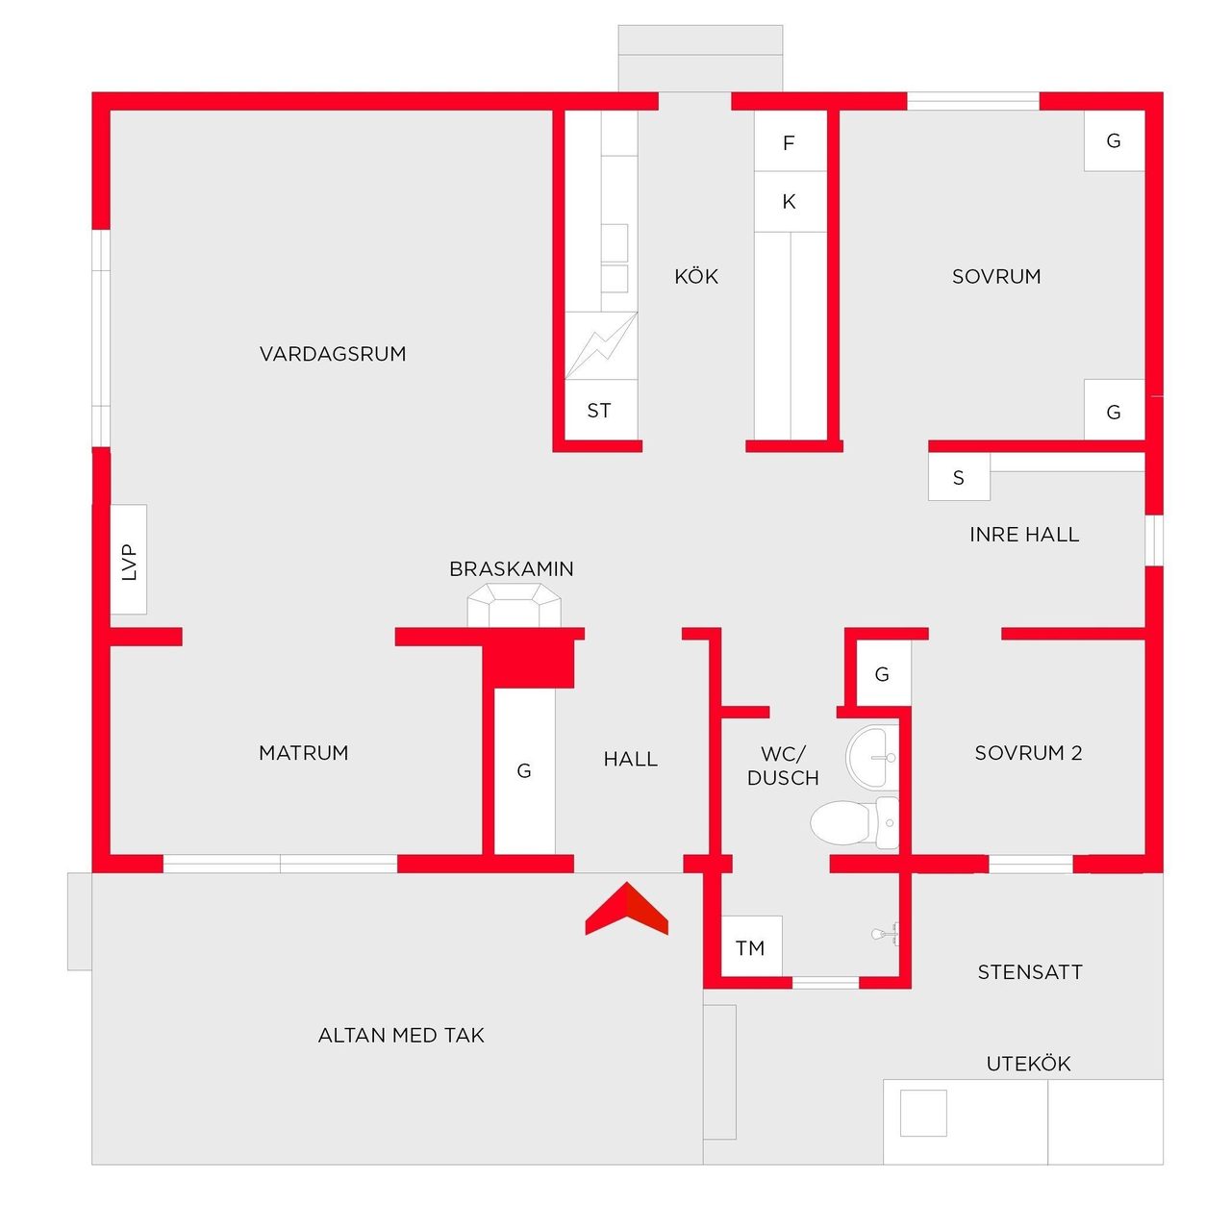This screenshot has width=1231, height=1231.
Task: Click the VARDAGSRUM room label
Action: coord(332,354)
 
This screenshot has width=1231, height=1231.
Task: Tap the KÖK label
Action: coord(696,276)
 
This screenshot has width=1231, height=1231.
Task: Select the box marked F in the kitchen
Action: coord(791,141)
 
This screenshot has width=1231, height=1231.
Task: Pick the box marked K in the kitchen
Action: coord(791,202)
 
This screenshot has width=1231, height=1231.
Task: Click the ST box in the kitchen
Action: coord(600,410)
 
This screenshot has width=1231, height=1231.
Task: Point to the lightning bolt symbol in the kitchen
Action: coord(600,345)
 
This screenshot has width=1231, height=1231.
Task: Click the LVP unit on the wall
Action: coord(129,560)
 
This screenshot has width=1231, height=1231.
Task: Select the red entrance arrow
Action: coord(626,908)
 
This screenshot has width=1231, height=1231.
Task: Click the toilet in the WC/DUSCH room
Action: coord(854,823)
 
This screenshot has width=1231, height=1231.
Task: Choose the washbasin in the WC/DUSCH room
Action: coord(871,757)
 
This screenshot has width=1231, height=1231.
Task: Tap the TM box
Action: coord(751,947)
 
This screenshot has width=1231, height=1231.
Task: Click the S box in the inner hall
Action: coord(959,477)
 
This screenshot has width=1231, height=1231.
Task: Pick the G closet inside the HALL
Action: coord(524,771)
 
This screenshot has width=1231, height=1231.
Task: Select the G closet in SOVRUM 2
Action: coord(883,674)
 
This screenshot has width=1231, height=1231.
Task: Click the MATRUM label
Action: coord(304,753)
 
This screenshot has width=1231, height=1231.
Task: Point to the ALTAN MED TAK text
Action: coord(401,1036)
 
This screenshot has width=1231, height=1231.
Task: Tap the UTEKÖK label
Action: coord(1028,1064)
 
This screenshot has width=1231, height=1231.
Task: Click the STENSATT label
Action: coord(1030,972)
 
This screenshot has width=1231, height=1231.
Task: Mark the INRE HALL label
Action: coord(1024,534)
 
